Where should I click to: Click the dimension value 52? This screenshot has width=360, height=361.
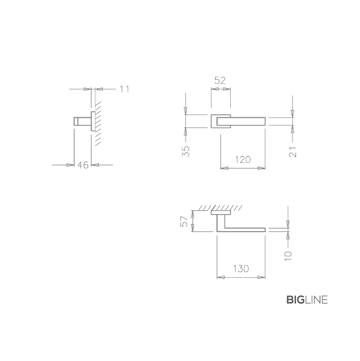click(x=220, y=81)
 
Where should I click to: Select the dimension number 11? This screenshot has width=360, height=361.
click(x=124, y=89)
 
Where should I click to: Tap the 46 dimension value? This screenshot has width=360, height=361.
click(x=83, y=165)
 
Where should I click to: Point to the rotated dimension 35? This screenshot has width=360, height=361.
click(x=186, y=151)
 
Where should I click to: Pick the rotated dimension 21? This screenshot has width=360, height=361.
click(x=293, y=152)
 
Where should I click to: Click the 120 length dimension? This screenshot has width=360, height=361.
click(x=243, y=159)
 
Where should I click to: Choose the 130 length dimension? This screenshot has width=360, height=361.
click(x=241, y=269)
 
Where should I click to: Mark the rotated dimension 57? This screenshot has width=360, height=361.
click(x=184, y=221)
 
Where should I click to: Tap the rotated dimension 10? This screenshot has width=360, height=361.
click(x=288, y=256)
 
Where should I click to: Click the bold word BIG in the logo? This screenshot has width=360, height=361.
click(x=296, y=300)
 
